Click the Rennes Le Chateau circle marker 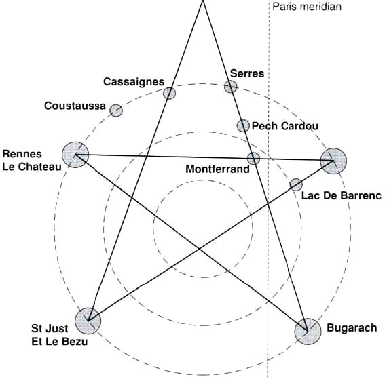coord(75,155)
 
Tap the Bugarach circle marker coord(308,331)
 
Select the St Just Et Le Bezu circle coord(88,321)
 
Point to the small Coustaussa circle coord(116,111)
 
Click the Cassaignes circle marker coord(169,93)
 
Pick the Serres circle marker coord(231,87)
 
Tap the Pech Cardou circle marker coord(243,126)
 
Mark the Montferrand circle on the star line coord(253,159)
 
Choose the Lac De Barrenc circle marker coord(296,184)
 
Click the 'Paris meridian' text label coord(307,7)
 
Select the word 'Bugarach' coord(352,328)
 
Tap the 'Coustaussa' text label coord(75,106)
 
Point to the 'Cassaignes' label coord(134,82)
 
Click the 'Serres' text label coord(247,73)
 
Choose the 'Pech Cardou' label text coord(285,126)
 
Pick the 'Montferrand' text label coord(217,169)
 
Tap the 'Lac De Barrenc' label coord(342,196)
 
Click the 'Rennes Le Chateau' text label coord(32,160)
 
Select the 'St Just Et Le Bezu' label coord(60,335)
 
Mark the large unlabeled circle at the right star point coord(333,161)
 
